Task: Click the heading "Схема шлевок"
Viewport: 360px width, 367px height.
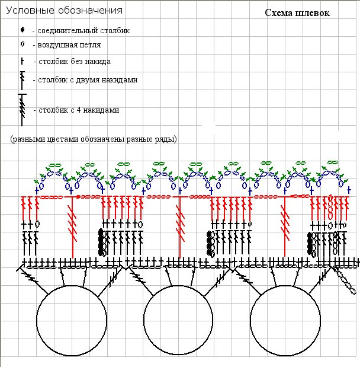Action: [x=297, y=13]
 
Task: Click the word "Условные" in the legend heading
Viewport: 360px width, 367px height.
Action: [x=30, y=11]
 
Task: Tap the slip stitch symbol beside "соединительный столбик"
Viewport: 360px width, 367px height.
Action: [x=22, y=30]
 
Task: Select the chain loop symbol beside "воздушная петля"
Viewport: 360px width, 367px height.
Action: [x=22, y=44]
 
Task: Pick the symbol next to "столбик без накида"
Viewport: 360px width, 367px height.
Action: [x=22, y=61]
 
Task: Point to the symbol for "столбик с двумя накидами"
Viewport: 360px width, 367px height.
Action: [x=22, y=81]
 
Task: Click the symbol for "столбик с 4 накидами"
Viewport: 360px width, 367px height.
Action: [x=22, y=110]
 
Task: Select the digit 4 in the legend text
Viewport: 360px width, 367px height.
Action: [x=79, y=110]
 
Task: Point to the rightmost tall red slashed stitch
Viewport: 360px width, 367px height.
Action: [x=285, y=226]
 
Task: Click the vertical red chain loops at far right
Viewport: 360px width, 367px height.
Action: [x=330, y=207]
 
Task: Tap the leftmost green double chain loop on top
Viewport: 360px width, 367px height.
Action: [x=55, y=165]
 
